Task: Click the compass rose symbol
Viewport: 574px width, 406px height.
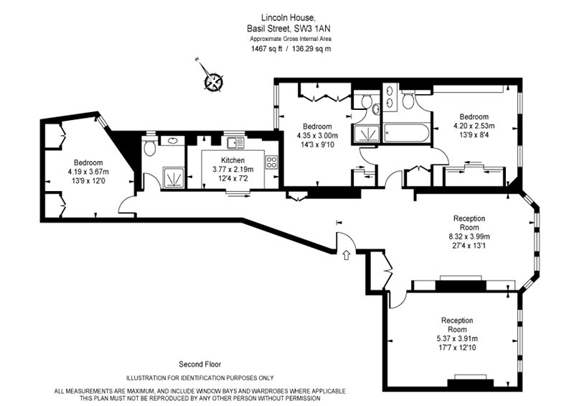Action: pos(213,81)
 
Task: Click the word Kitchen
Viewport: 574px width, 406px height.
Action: pos(233,160)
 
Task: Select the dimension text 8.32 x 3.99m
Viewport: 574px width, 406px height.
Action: pos(470,235)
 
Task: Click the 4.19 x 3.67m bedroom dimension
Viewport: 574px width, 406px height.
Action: pos(88,172)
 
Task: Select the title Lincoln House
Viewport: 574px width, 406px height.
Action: pos(287,17)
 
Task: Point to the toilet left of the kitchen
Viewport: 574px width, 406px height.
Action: pos(149,149)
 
